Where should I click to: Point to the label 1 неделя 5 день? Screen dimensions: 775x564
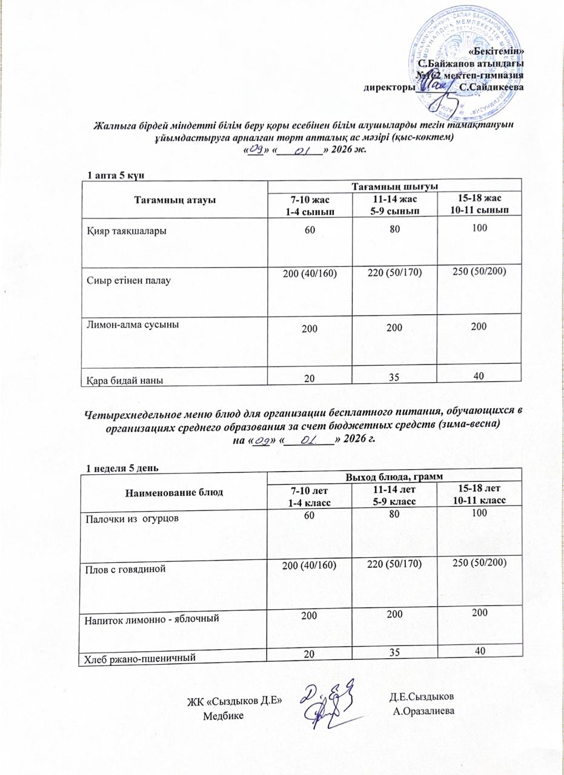(122, 467)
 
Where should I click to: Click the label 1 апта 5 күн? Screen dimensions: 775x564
(116, 176)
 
